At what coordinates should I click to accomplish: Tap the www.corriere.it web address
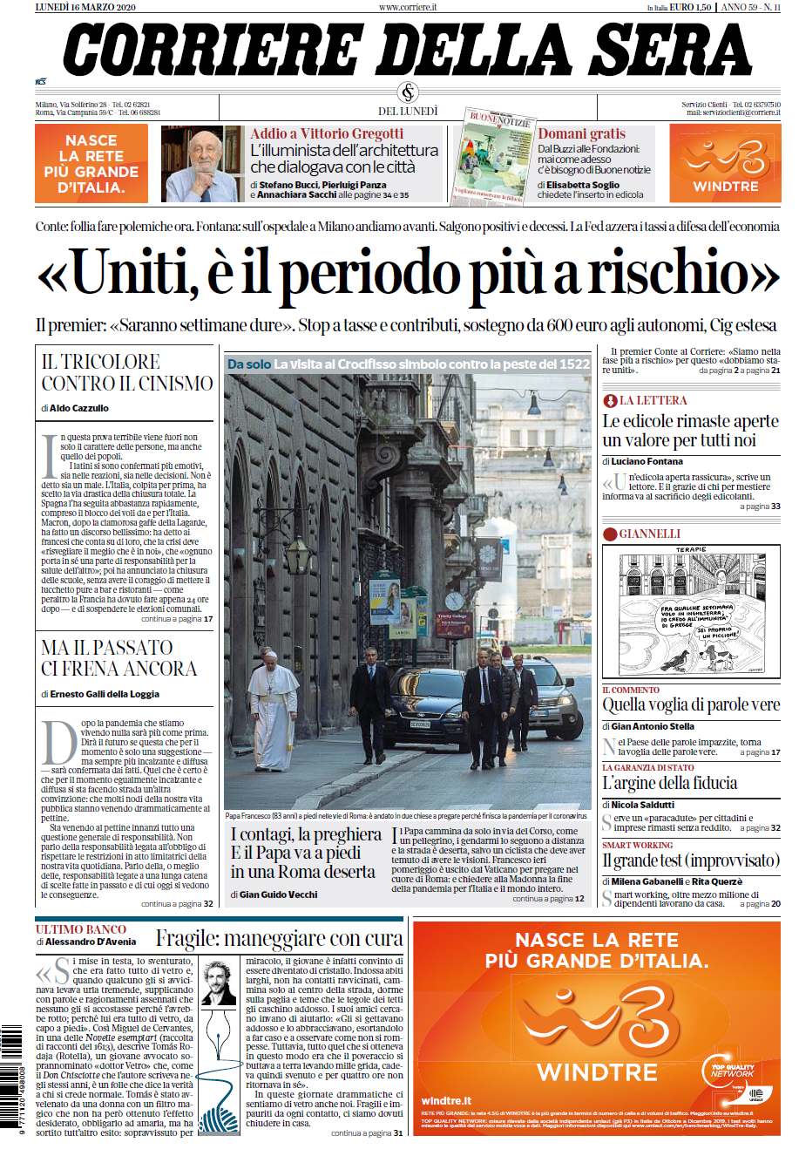(408, 7)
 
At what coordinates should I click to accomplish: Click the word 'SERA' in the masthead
(675, 50)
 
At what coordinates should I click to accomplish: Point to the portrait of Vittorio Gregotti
(203, 163)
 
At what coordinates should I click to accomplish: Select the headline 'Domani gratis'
(582, 133)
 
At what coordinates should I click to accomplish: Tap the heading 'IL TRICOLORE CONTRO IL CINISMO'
(127, 372)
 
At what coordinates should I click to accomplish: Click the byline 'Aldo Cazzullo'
(79, 408)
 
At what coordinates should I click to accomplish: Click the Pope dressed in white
(272, 708)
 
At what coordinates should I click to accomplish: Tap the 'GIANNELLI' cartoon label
(649, 534)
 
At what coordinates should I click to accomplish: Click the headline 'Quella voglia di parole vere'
(691, 704)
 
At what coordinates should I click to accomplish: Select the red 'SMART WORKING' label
(638, 846)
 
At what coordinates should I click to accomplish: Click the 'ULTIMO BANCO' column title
(81, 929)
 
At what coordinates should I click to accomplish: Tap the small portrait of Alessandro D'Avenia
(218, 983)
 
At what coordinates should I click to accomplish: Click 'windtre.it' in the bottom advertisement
(446, 1101)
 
